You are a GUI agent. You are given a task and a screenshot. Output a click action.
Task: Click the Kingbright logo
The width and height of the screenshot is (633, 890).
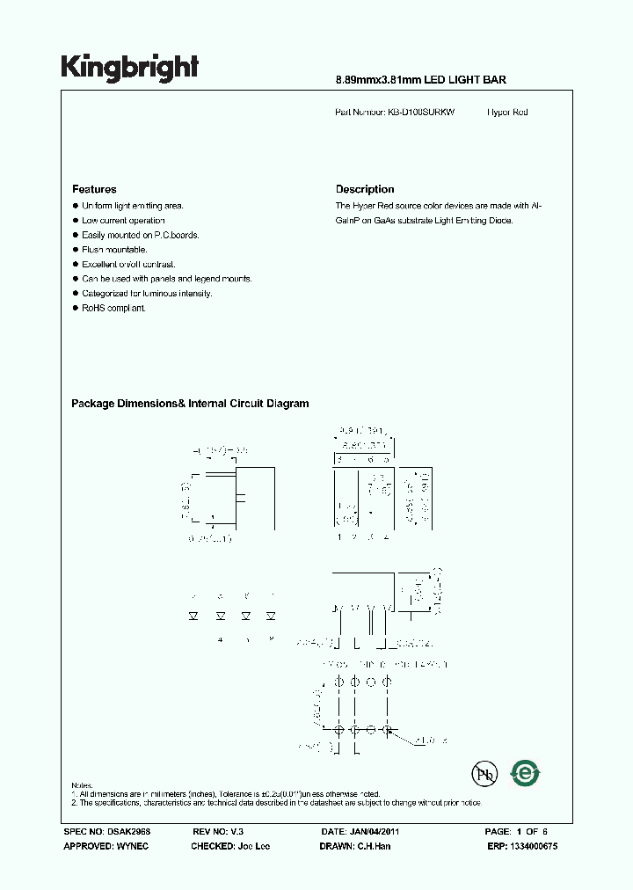129,67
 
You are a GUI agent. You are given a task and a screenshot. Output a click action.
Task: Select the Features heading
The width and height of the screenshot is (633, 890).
94,189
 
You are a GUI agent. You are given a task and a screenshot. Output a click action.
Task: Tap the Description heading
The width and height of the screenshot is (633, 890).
365,189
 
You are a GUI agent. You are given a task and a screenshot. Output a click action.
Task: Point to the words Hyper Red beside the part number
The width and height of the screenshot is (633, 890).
507,113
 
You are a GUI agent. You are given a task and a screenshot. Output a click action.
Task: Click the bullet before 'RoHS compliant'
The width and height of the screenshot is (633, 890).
76,308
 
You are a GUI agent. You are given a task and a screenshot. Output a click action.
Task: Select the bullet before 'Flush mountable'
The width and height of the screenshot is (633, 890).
76,250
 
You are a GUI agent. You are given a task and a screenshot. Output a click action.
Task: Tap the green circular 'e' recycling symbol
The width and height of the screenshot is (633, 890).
525,773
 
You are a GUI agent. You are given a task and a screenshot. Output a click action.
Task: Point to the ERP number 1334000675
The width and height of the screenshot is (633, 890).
533,846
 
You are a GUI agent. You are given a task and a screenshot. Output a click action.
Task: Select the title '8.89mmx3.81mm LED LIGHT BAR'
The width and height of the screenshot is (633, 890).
421,80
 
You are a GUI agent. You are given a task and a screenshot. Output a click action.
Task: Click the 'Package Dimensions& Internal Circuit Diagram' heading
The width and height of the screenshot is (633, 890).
190,404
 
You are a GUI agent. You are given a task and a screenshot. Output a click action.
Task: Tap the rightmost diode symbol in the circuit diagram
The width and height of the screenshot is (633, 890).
271,616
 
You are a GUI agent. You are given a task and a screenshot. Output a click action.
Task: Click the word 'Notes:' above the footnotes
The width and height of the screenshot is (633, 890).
83,784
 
